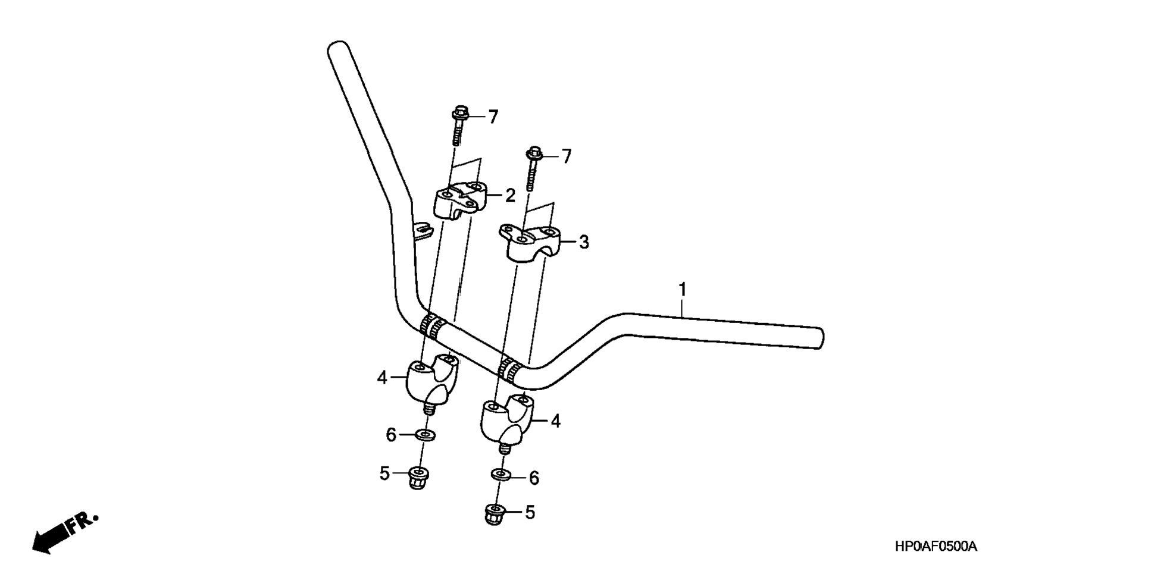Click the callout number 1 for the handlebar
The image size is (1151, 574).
pyautogui.click(x=683, y=290)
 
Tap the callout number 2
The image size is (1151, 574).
pyautogui.click(x=509, y=195)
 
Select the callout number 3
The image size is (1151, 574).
pyautogui.click(x=584, y=242)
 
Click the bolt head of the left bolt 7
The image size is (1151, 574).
pyautogui.click(x=460, y=113)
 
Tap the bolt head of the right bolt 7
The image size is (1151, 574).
pyautogui.click(x=534, y=153)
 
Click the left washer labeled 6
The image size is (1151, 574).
pyautogui.click(x=426, y=435)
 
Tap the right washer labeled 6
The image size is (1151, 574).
pyautogui.click(x=500, y=475)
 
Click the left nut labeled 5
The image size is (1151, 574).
pyautogui.click(x=419, y=477)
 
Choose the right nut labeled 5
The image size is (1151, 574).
pyautogui.click(x=493, y=513)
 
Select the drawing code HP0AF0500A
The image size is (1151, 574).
pyautogui.click(x=936, y=547)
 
